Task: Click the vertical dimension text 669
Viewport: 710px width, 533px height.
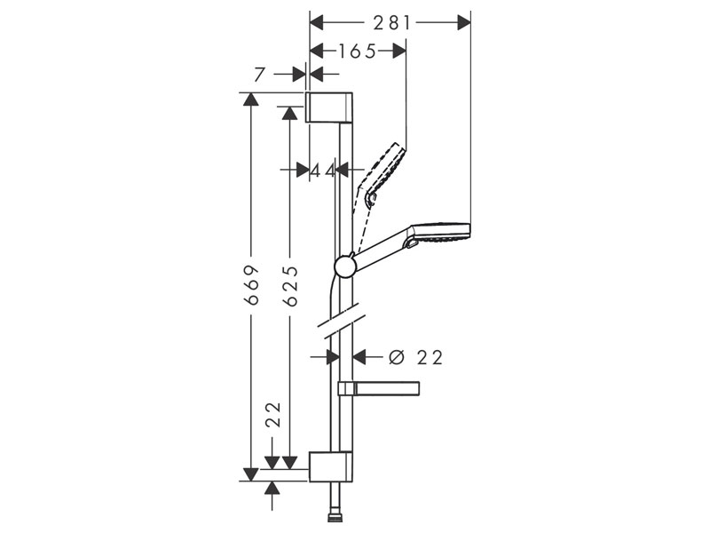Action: [x=253, y=285]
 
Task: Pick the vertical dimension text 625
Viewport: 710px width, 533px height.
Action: [x=289, y=285]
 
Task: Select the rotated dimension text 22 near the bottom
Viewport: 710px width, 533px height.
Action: [x=273, y=415]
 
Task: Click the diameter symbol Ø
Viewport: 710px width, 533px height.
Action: [x=396, y=357]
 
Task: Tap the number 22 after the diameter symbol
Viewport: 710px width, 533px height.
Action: [x=430, y=357]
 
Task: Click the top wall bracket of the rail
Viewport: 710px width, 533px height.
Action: [x=331, y=106]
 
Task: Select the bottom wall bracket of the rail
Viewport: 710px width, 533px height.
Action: [x=332, y=466]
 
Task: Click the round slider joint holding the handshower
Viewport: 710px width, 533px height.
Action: [x=345, y=265]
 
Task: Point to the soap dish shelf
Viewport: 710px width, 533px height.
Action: [x=381, y=388]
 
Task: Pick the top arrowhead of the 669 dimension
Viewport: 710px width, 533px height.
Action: [x=253, y=99]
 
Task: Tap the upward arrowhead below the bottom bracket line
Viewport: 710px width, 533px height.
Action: [x=272, y=489]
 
